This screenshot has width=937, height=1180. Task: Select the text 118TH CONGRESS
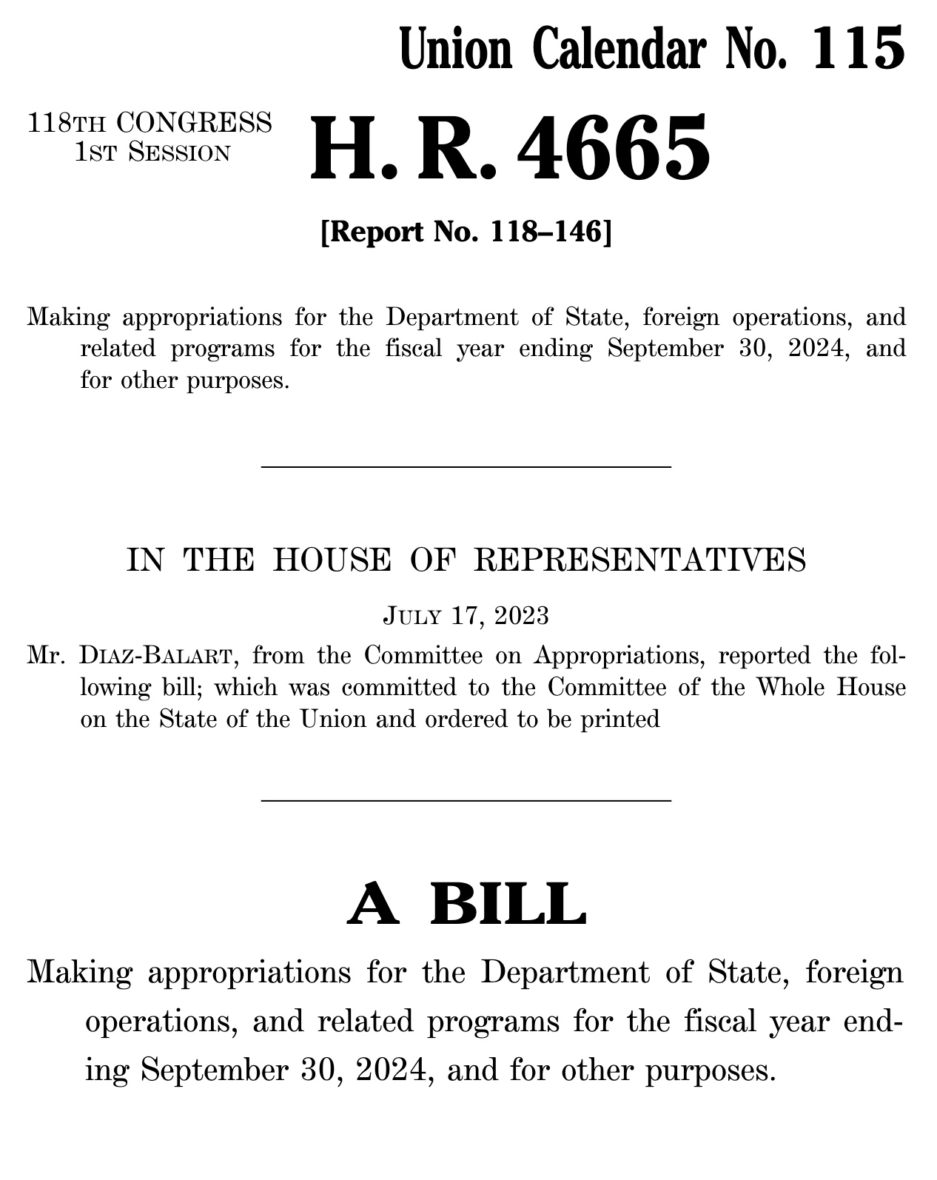[150, 122]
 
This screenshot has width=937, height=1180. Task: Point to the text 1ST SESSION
[152, 152]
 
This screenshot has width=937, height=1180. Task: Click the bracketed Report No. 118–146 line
[466, 232]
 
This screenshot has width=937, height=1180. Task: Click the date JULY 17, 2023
[466, 615]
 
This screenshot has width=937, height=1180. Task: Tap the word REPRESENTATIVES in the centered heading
[639, 560]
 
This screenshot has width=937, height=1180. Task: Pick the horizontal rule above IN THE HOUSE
[466, 466]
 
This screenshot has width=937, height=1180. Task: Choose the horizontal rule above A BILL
[466, 800]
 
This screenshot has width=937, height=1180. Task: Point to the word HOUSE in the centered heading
[331, 560]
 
